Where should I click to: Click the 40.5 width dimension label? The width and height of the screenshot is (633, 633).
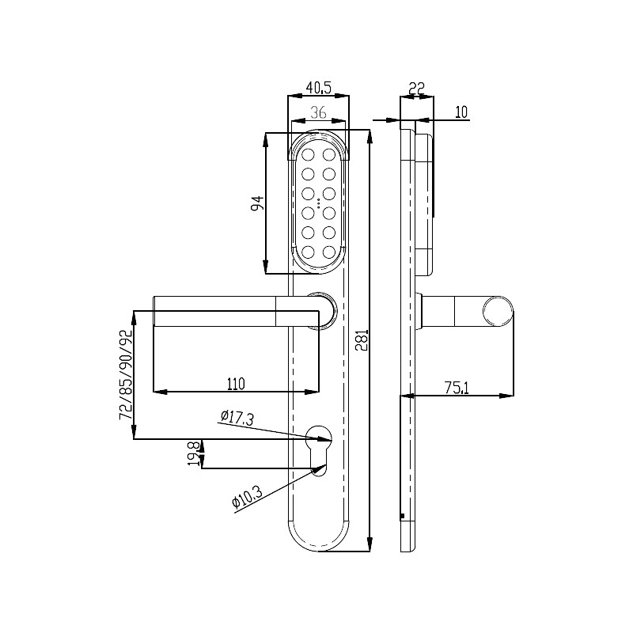tap(319, 87)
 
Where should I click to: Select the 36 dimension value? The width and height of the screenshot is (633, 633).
tap(319, 112)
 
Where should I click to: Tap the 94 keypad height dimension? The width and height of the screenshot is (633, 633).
tap(257, 203)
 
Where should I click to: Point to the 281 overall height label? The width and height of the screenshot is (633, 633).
tap(362, 340)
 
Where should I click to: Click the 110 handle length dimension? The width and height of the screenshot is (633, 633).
tap(236, 384)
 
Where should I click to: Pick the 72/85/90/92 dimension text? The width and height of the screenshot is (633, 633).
tap(126, 375)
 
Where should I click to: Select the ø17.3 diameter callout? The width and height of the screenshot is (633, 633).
tap(237, 418)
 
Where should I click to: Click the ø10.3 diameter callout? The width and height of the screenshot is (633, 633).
tap(247, 497)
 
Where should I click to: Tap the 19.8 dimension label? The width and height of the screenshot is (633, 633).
tap(194, 453)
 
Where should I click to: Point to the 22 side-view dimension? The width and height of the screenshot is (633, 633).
tap(417, 88)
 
